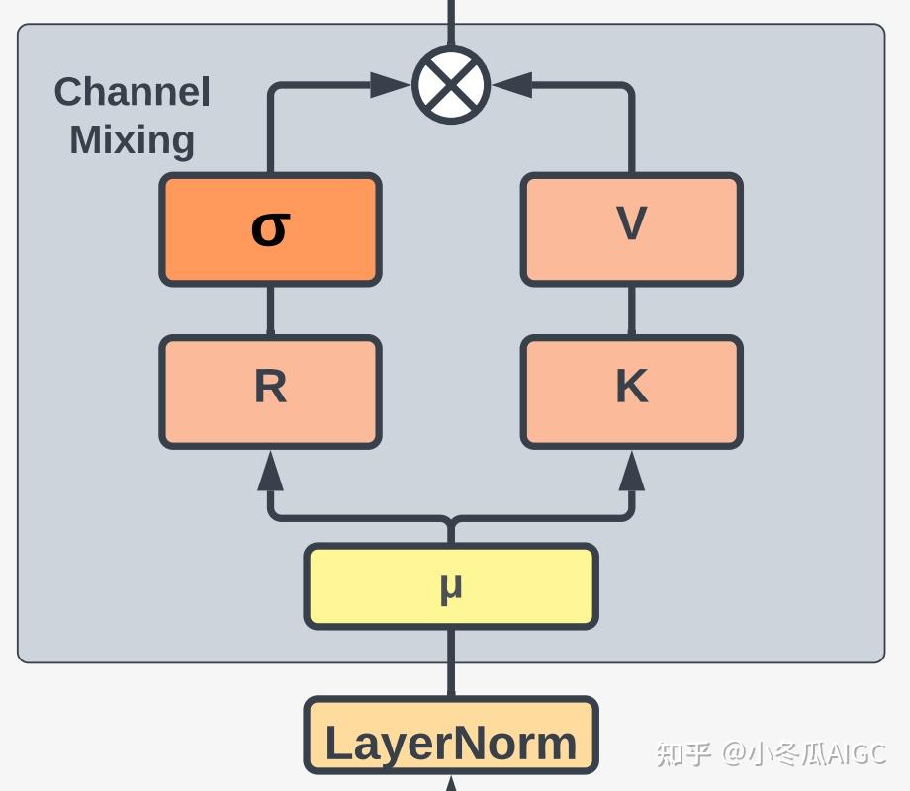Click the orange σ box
[270, 229]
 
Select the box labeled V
[631, 229]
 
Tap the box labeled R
[270, 392]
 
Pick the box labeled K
[631, 392]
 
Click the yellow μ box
[451, 586]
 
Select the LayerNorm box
[451, 737]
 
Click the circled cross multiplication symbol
[451, 85]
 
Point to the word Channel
[132, 92]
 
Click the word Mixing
[132, 139]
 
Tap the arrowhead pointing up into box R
[270, 472]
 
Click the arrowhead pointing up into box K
[631, 472]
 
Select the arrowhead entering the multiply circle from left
[390, 85]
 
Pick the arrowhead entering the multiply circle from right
[512, 85]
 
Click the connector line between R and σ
[270, 310]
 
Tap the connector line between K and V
[631, 310]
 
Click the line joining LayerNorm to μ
[451, 662]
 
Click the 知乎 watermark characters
[683, 753]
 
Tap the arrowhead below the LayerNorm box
[451, 784]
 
